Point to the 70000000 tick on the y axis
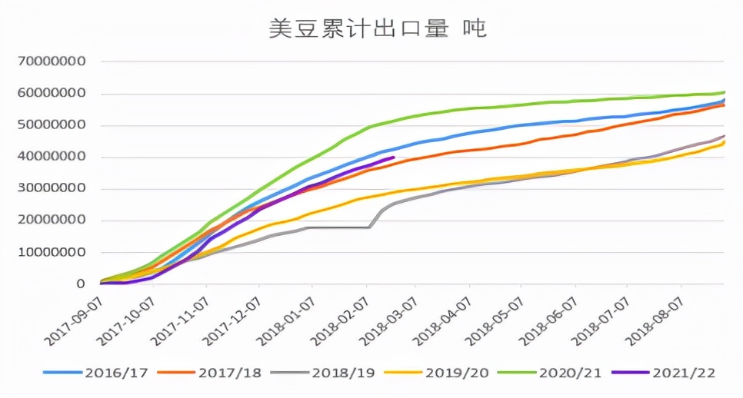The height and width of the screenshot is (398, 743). tap(52, 61)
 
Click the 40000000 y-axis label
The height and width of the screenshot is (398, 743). tap(52, 157)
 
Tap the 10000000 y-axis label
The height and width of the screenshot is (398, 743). tap(52, 252)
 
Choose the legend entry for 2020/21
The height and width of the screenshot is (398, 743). tap(568, 373)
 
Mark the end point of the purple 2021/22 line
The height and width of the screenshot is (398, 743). tap(394, 158)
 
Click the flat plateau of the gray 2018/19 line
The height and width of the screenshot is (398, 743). tap(338, 227)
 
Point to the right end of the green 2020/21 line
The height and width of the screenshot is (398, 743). tap(724, 92)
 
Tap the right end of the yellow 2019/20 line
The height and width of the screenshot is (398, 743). tap(724, 142)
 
